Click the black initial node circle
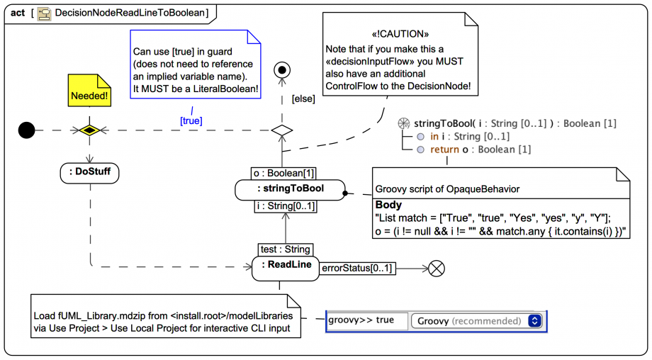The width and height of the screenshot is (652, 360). (x=26, y=130)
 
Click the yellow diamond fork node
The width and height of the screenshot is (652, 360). (x=89, y=130)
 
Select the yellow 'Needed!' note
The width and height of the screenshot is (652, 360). (x=89, y=91)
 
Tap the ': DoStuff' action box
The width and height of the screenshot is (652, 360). (x=90, y=172)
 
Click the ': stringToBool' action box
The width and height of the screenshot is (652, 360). (x=291, y=189)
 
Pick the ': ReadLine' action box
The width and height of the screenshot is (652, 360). (x=286, y=266)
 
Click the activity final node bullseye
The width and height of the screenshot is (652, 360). (x=283, y=69)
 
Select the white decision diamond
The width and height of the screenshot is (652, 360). (x=282, y=130)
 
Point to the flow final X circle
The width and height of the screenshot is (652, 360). (x=437, y=268)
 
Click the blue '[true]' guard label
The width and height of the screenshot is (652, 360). (x=191, y=121)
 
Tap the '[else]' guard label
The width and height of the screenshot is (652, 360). (x=303, y=99)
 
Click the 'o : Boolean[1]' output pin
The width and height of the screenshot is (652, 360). (x=283, y=173)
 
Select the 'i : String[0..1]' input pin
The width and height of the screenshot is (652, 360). (x=286, y=206)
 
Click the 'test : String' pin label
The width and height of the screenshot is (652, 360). (x=285, y=249)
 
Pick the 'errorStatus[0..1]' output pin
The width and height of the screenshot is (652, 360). (x=358, y=268)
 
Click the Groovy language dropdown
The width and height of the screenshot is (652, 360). (x=479, y=321)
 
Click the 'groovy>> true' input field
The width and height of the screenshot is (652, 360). (x=367, y=320)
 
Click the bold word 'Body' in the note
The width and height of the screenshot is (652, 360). (x=388, y=205)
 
